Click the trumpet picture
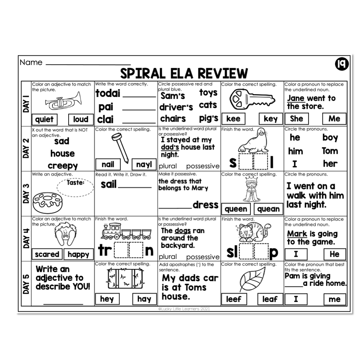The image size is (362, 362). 63,101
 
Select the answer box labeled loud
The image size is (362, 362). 80,120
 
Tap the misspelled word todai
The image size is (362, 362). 107,94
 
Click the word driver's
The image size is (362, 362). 176,107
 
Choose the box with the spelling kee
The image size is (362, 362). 233,119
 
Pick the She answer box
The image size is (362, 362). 296,119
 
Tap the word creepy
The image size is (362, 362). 63,166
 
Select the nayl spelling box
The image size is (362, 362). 143,164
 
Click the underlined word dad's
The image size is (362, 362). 169,147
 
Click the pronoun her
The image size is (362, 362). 330,164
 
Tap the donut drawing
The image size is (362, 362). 46,202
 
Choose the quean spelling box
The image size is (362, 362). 268,209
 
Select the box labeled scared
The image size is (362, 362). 47,254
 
